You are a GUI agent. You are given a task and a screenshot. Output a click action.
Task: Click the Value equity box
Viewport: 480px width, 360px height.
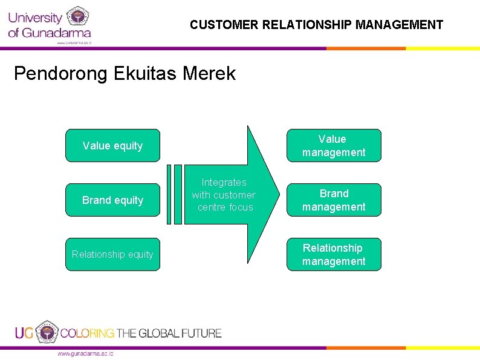(112, 145)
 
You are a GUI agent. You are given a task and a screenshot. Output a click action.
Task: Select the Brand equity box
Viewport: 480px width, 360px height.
(112, 200)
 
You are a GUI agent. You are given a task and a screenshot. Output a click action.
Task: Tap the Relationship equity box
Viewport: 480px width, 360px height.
(112, 254)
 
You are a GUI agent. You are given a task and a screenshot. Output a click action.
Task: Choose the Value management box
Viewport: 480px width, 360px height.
(334, 146)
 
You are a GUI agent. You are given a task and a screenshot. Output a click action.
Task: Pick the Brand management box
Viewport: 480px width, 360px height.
(334, 200)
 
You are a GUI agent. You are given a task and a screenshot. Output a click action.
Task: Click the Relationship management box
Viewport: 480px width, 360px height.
(334, 255)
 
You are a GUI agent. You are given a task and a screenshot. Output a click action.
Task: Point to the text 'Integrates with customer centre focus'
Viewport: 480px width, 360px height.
(224, 195)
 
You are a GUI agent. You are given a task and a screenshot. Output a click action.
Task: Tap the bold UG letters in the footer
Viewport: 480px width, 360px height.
(24, 333)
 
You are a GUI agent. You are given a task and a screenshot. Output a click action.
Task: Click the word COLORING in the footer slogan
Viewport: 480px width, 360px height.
(87, 333)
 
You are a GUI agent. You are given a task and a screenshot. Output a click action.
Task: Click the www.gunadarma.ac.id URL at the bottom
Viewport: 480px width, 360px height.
(85, 353)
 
